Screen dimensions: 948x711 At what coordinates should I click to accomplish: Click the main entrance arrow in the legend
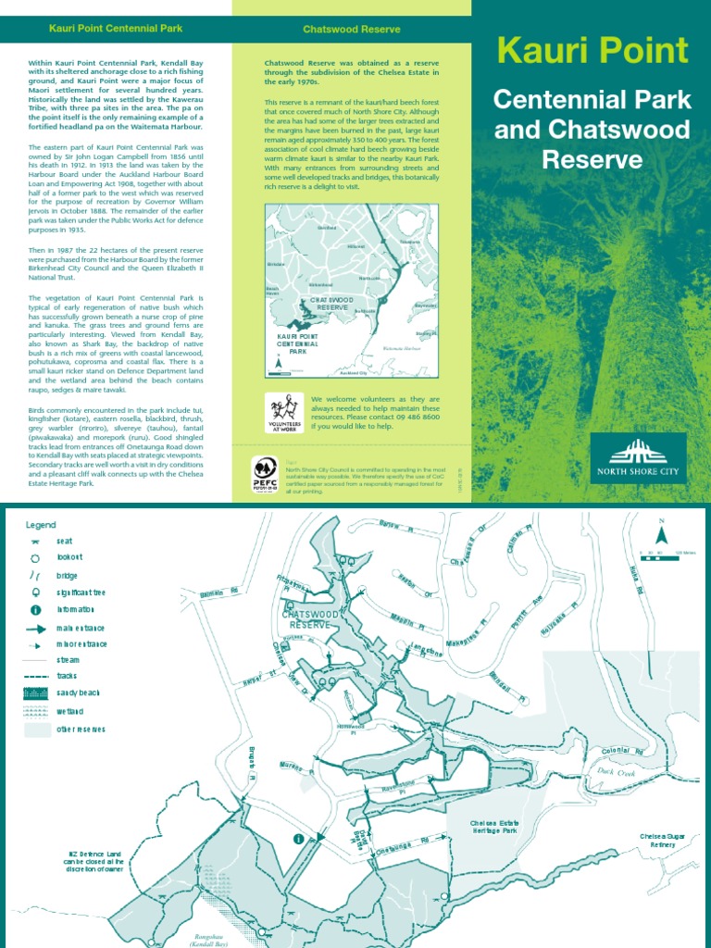35,628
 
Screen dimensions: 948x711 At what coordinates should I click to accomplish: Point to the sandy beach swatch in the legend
35,693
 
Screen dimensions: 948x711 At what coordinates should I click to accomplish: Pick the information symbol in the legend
35,610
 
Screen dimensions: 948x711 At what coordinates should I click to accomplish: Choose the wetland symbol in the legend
35,711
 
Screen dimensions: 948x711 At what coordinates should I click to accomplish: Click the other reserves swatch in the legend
35,730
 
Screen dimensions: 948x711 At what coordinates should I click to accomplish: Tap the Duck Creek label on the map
617,769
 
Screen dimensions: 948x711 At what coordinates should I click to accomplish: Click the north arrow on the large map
661,534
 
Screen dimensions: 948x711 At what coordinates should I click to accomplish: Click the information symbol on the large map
299,839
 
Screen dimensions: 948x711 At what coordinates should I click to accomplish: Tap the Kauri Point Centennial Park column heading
116,29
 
